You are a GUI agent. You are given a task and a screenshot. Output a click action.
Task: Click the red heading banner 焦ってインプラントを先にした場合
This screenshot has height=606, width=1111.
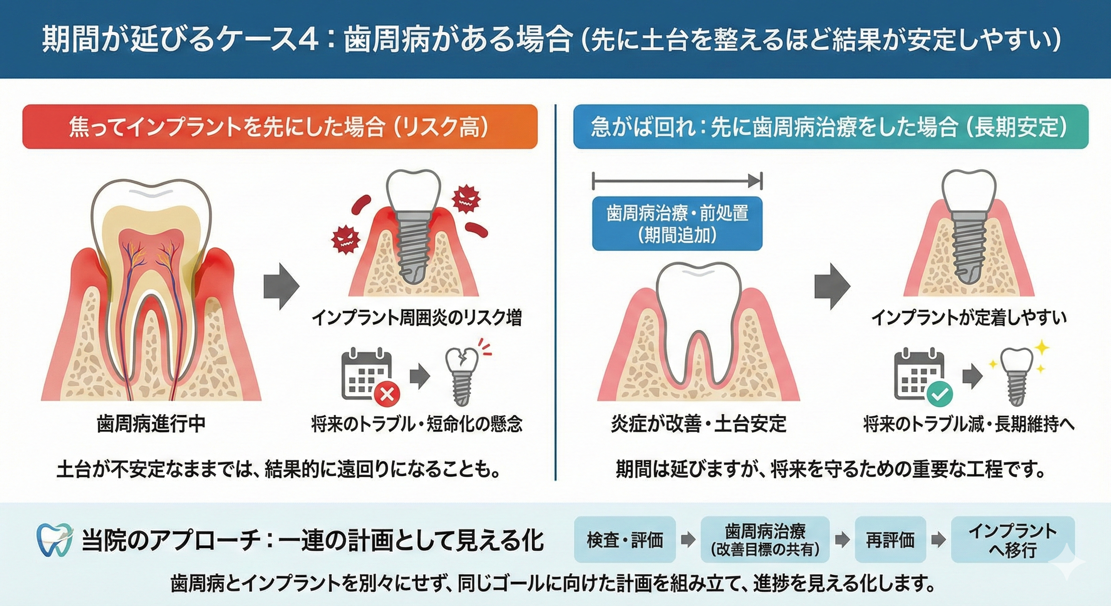click(x=280, y=127)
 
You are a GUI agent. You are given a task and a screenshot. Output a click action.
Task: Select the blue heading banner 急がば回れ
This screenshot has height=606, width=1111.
click(x=830, y=127)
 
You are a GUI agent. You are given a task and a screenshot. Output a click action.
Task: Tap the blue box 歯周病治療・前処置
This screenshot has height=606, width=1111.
click(x=677, y=223)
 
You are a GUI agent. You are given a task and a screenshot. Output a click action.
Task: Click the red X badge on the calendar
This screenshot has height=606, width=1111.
click(x=387, y=394)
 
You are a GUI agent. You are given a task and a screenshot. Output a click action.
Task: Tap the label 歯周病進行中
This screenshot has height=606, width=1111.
click(x=151, y=425)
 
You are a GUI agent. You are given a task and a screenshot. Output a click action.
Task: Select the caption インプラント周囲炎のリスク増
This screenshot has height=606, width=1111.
click(x=417, y=318)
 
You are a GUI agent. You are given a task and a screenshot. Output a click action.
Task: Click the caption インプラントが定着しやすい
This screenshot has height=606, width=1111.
click(x=969, y=318)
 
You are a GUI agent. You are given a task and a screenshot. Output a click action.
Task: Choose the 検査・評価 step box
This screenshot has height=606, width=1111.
click(x=625, y=540)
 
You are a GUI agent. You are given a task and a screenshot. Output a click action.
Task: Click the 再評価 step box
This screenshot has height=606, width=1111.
click(x=890, y=540)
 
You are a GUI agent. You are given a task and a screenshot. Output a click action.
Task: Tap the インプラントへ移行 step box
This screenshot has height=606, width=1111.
click(x=1013, y=540)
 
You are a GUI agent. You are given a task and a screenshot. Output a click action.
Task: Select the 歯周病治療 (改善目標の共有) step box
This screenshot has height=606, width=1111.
click(x=765, y=540)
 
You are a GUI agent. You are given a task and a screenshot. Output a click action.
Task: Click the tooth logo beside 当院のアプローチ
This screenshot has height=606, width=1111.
click(x=55, y=540)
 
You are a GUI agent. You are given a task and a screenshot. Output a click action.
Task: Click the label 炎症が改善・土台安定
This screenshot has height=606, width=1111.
click(x=699, y=425)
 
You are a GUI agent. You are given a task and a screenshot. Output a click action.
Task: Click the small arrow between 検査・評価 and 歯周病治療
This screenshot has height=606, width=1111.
click(x=688, y=540)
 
